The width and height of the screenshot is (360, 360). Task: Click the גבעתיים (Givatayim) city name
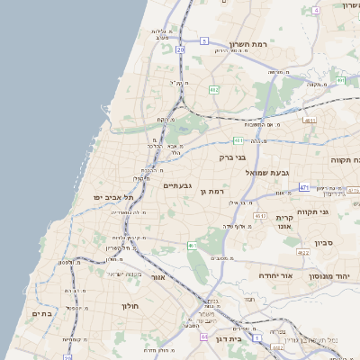tap(176, 185)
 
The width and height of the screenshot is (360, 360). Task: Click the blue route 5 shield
tap(204, 41)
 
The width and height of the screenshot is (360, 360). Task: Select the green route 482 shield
tap(213, 90)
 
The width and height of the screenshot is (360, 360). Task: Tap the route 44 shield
tap(205, 337)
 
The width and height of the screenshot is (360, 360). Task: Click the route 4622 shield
tap(303, 253)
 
